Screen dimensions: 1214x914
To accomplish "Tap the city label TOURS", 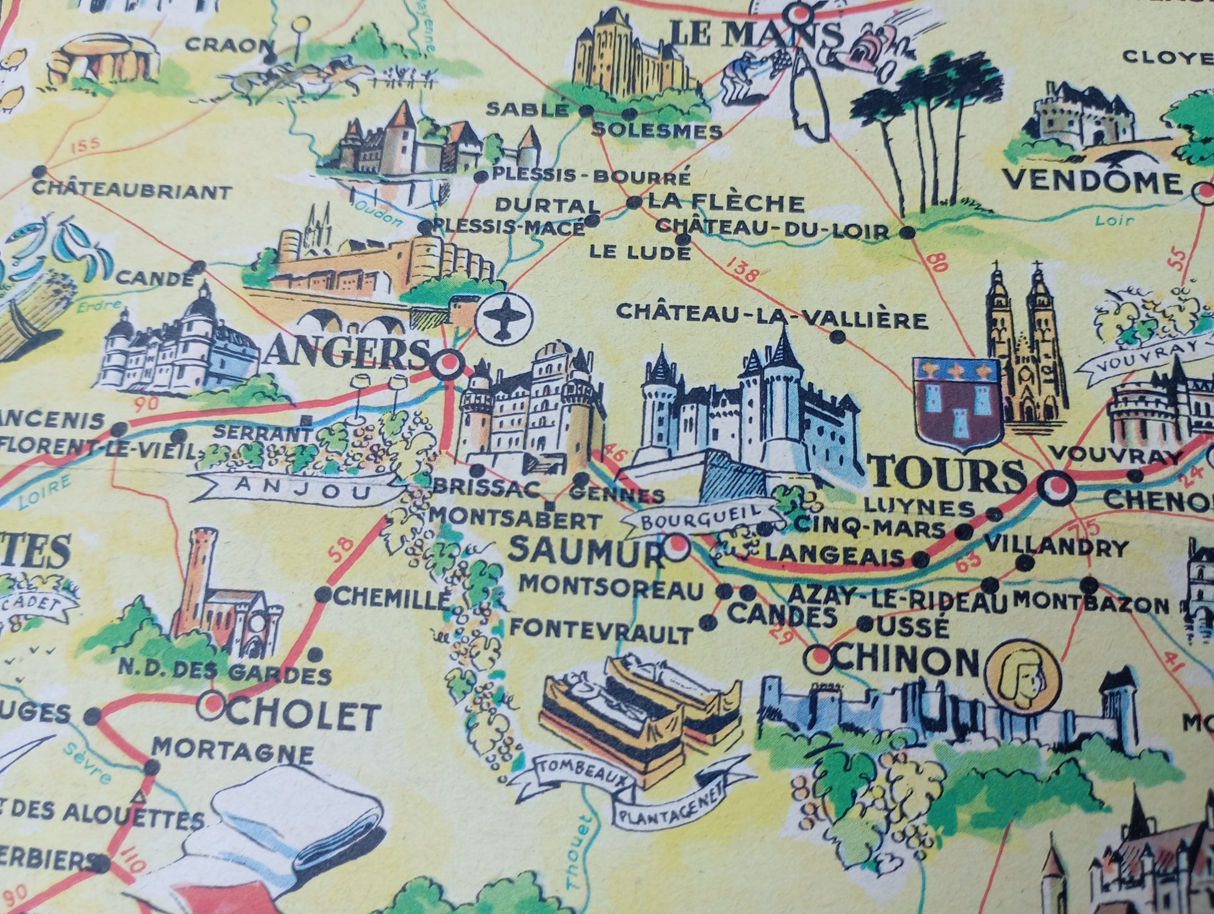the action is (948, 475).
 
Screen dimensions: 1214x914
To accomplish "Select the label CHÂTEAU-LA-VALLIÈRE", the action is (772, 317).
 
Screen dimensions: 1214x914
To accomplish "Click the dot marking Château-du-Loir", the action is (908, 233).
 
